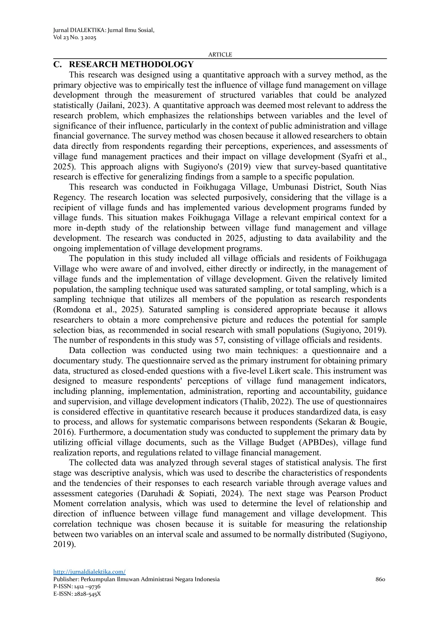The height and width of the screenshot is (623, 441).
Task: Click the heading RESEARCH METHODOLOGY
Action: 131,64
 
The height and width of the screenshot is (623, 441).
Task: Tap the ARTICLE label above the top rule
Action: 220,54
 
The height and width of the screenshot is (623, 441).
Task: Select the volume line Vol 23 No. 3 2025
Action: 75,38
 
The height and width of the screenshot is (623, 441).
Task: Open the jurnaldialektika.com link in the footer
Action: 89,572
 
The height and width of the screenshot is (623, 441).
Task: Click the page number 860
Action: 380,579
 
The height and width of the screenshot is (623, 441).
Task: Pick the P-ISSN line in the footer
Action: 77,586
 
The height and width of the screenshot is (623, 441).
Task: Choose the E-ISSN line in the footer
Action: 77,594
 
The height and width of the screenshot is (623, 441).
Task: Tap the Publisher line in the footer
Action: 136,579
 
